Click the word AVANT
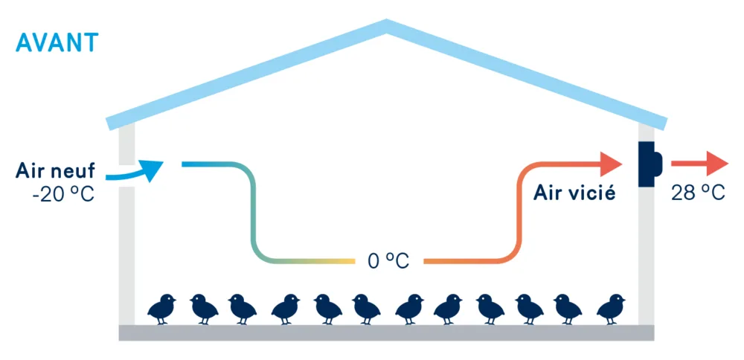point(57,43)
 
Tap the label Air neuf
point(55,170)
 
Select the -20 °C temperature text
point(63,193)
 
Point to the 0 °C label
point(388,261)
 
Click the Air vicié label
point(574,193)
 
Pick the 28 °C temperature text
point(698,193)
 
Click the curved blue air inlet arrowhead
point(152,170)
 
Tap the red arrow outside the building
point(699,164)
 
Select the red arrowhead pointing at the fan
point(611,164)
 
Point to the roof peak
point(387,24)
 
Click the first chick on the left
point(161,309)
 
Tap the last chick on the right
point(611,309)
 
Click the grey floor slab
point(386,332)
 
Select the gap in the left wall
point(126,176)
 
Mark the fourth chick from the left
point(286,309)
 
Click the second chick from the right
point(568,309)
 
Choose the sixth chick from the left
point(366,309)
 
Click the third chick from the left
point(243,309)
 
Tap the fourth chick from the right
point(490,309)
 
